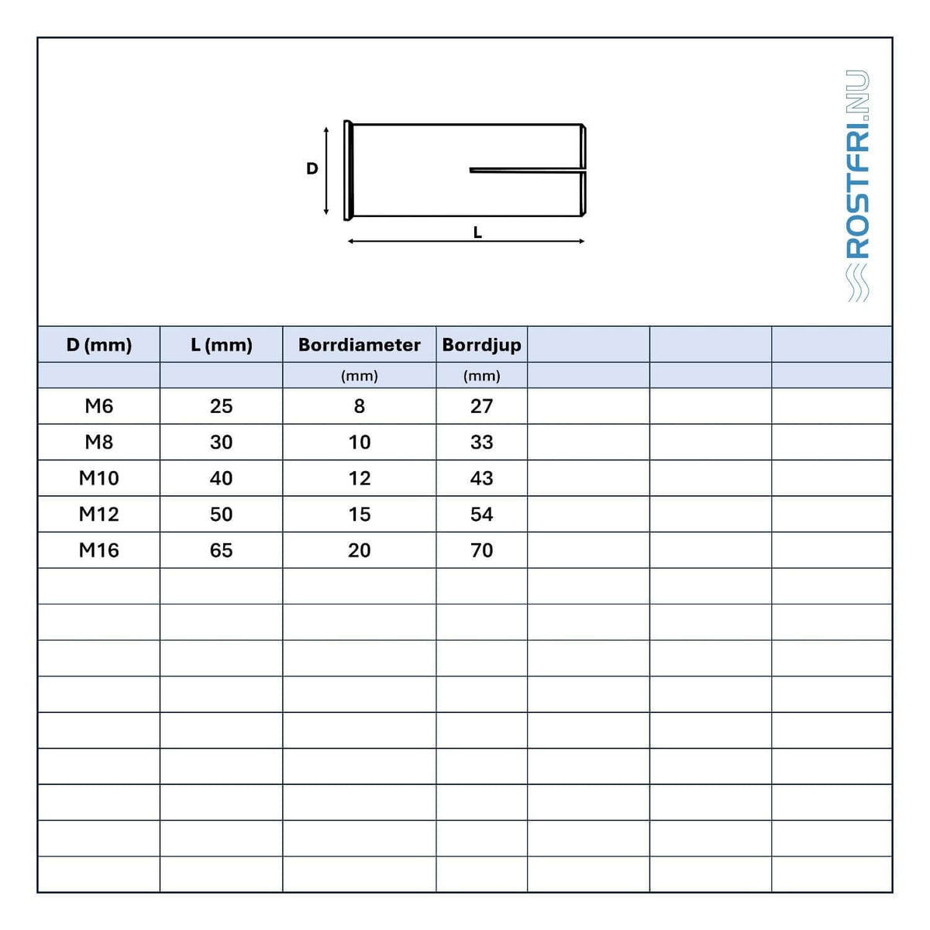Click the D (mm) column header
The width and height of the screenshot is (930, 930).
[x=99, y=345]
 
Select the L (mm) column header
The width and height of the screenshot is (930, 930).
[x=222, y=345]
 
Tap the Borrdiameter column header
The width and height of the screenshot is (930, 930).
[x=360, y=345]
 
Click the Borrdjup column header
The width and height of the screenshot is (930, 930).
[x=481, y=345]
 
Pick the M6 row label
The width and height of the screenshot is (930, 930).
[x=99, y=406]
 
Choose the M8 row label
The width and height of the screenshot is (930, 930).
[x=99, y=442]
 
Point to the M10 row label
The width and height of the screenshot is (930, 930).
[x=99, y=478]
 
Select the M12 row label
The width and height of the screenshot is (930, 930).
[x=99, y=515]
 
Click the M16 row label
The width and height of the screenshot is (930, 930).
[x=99, y=550]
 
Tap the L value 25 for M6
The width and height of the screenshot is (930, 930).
[x=222, y=406]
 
